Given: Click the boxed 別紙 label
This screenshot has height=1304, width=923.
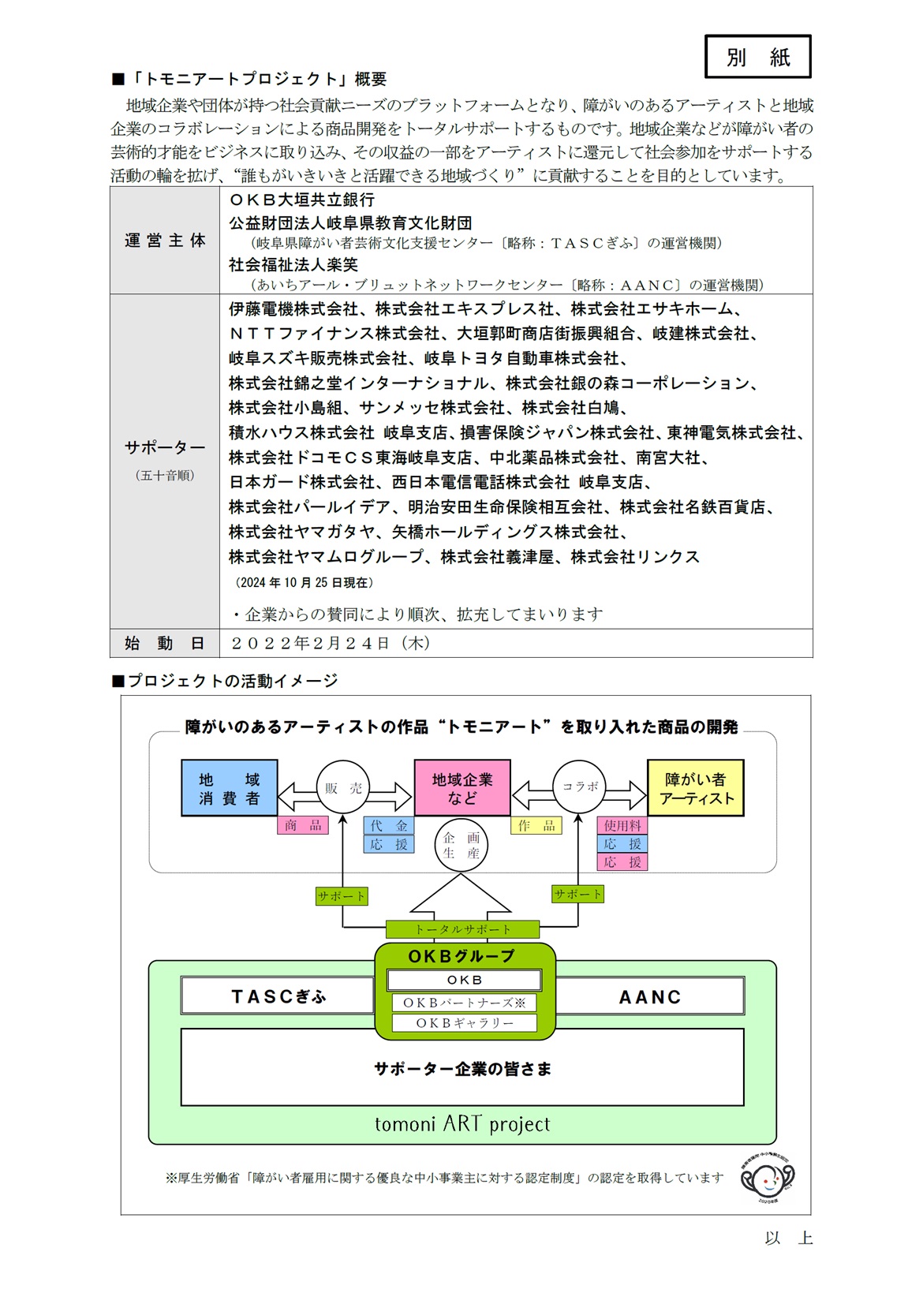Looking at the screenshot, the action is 757,57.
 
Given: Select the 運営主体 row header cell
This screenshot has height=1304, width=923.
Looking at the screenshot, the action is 165,241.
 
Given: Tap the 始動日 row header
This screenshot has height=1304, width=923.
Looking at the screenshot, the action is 165,643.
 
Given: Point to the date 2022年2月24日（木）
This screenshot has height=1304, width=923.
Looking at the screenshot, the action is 331,643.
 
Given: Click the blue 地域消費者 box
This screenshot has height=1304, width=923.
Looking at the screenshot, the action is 230,787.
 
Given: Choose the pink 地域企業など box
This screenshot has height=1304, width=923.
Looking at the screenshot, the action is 462,787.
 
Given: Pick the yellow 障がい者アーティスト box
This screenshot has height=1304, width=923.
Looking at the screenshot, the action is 696,787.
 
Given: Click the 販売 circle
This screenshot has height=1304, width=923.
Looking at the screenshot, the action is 343,787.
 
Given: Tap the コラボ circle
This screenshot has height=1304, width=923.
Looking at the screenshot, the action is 579,787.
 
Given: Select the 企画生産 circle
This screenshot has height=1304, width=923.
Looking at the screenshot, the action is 461,845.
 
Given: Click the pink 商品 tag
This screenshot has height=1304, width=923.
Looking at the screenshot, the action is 303,825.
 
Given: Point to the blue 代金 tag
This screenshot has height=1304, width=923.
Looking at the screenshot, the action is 389,825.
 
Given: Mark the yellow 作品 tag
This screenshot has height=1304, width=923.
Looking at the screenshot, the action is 536,825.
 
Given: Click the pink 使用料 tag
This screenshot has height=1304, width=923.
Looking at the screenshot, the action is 622,825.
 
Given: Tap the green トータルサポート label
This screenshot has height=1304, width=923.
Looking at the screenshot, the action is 462,929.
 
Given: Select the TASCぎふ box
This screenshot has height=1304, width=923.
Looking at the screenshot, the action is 278,996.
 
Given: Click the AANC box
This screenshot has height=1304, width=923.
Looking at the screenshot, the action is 650,996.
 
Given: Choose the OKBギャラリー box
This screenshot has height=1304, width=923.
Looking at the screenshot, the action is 464,1023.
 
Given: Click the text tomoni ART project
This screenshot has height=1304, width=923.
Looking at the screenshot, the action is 462,1123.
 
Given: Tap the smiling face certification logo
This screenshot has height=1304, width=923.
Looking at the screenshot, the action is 768,1179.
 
